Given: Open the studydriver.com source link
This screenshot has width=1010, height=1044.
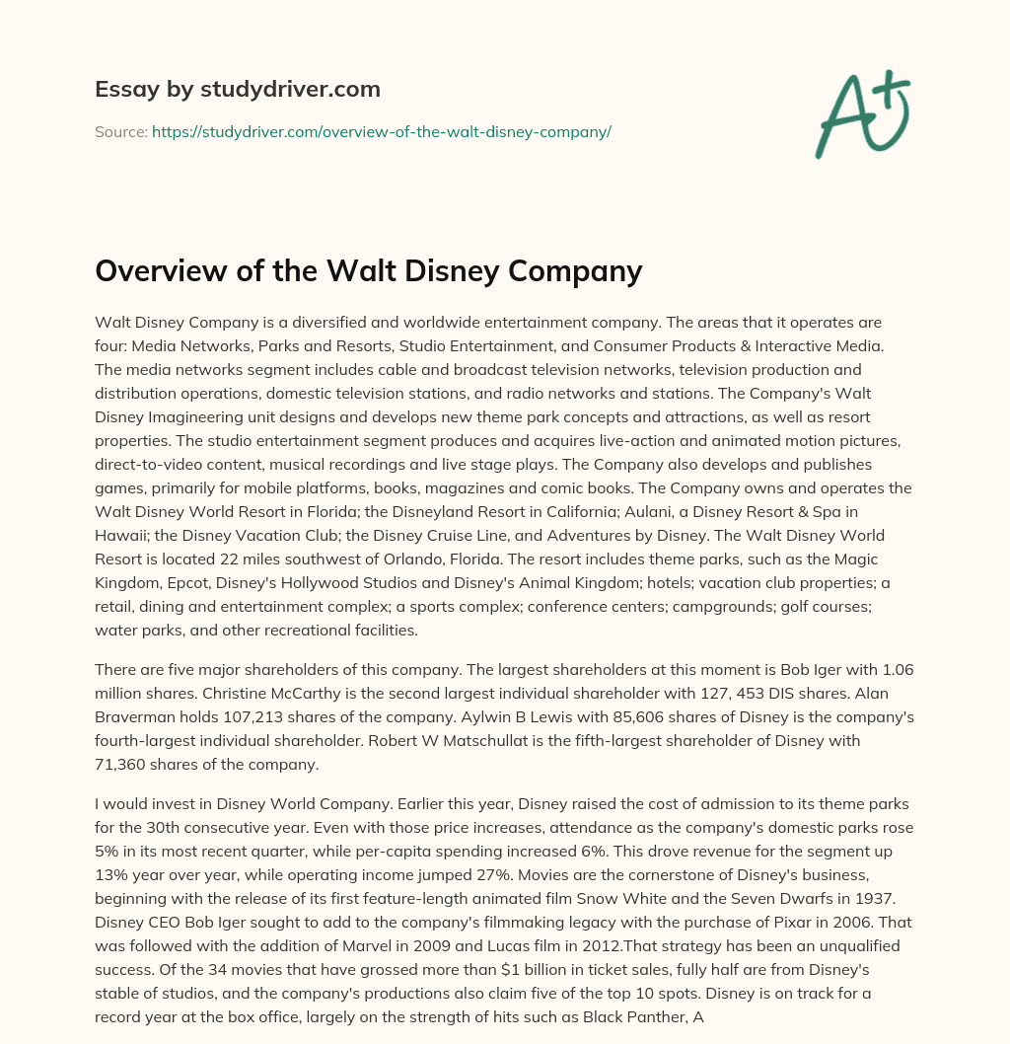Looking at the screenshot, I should (x=382, y=131).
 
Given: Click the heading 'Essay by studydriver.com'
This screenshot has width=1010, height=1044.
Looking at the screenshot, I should (x=238, y=89).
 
